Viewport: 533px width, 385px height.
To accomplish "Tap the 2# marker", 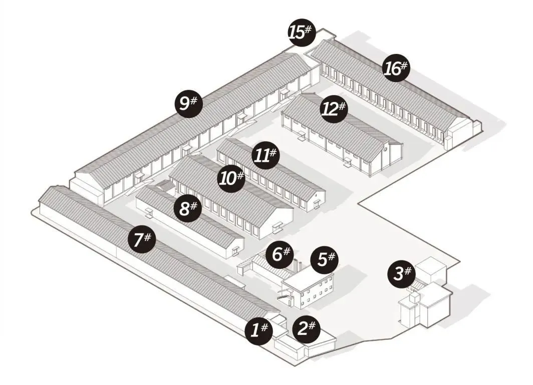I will pos(306,327).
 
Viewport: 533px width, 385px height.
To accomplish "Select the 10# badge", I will pos(231,177).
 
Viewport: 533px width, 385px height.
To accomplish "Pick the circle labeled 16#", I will pos(396,68).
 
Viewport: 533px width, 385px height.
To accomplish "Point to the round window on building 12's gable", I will pos(386,149).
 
